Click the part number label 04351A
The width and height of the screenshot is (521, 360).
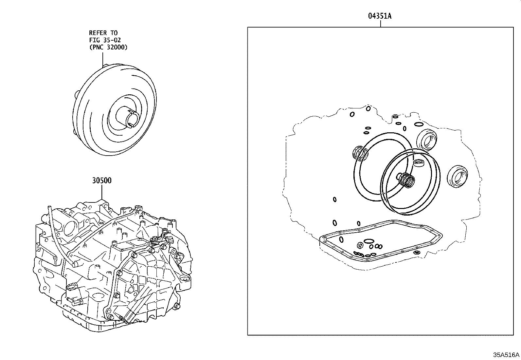[x=380, y=16]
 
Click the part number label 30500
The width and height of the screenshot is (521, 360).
[x=101, y=180]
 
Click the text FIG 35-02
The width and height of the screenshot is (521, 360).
[x=105, y=40]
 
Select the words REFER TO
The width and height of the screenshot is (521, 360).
[x=103, y=33]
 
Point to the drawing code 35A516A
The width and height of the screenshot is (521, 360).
[x=506, y=355]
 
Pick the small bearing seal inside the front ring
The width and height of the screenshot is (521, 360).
[x=418, y=162]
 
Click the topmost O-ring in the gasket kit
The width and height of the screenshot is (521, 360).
[x=352, y=114]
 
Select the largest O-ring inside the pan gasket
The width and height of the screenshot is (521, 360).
[x=369, y=241]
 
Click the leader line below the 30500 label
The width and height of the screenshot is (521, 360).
[x=101, y=192]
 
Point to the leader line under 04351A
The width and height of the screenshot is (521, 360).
[x=380, y=23]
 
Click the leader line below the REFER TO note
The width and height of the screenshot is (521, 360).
[x=102, y=58]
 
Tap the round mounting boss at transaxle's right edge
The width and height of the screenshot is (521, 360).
[x=186, y=279]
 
